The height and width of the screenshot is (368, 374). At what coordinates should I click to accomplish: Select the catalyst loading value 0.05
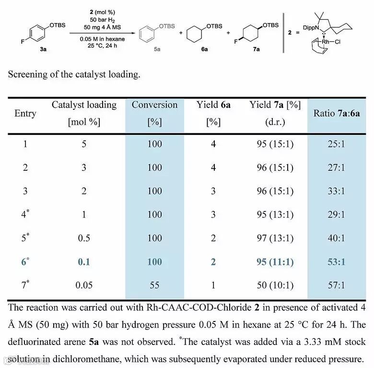tap(84, 285)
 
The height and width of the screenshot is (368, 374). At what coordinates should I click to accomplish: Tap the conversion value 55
tap(155, 285)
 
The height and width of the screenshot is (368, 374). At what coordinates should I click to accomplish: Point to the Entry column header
tap(25, 113)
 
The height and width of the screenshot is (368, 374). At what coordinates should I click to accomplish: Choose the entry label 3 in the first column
tap(25, 191)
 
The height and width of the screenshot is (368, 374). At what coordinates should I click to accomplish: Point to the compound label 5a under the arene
tap(157, 49)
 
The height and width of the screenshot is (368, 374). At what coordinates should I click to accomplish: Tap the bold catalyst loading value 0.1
tap(84, 262)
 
